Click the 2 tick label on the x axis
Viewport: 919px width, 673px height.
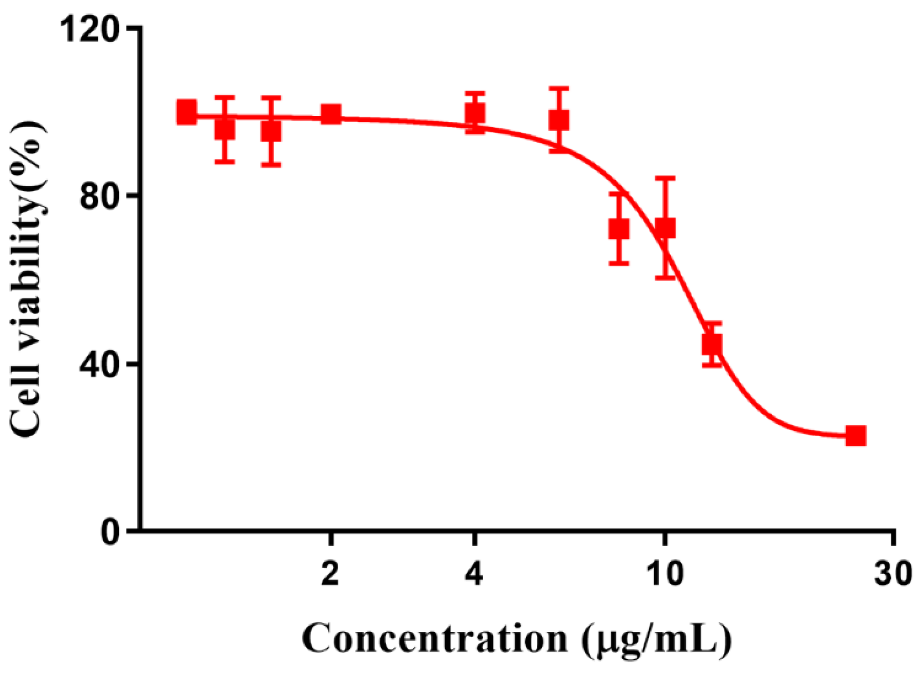pyautogui.click(x=330, y=573)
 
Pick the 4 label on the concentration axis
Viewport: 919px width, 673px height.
pyautogui.click(x=475, y=573)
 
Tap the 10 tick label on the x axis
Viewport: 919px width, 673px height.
pyautogui.click(x=664, y=573)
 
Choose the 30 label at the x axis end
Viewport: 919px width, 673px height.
pyautogui.click(x=893, y=573)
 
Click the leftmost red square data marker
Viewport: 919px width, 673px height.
pyautogui.click(x=186, y=112)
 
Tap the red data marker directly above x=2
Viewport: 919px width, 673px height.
pyautogui.click(x=331, y=114)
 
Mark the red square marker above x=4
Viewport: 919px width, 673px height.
pyautogui.click(x=475, y=114)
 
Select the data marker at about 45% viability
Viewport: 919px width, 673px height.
pyautogui.click(x=712, y=344)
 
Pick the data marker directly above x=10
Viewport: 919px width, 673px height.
pyautogui.click(x=665, y=228)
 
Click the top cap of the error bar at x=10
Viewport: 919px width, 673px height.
pyautogui.click(x=665, y=178)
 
